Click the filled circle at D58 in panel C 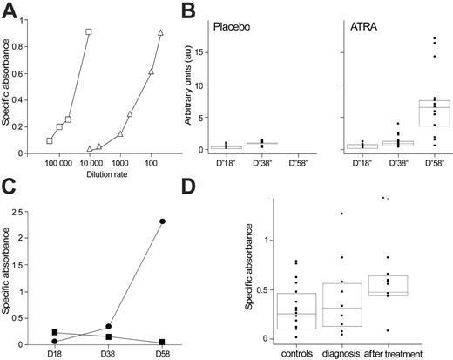point(162,221)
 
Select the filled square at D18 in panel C point(55,332)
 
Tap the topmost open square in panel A point(89,31)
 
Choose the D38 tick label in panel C point(109,354)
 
